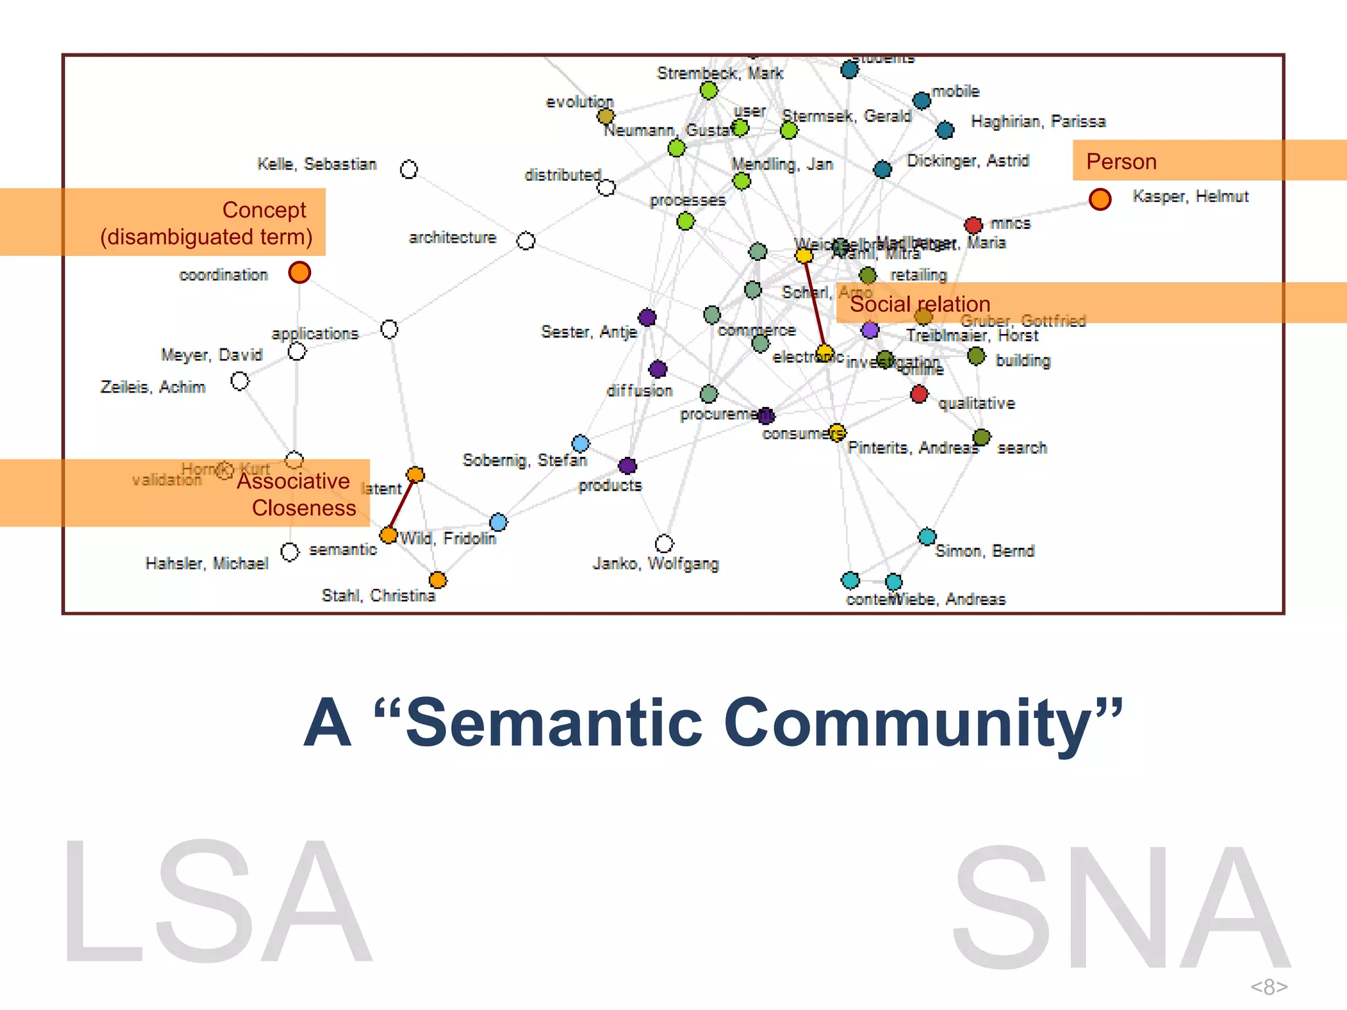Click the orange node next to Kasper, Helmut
(1100, 199)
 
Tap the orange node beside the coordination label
(299, 272)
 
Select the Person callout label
(1121, 162)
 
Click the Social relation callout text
(919, 304)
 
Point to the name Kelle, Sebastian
(316, 164)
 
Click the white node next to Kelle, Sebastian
(408, 170)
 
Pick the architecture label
(453, 237)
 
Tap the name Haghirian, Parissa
(1038, 122)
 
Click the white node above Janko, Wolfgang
(664, 544)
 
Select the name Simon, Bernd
(985, 551)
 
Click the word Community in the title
(923, 723)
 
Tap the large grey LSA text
(217, 901)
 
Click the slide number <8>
(1269, 986)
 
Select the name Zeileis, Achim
(153, 387)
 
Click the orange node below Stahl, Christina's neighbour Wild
(437, 580)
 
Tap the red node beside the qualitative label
(919, 395)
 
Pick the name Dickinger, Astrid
(967, 161)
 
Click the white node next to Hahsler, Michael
(289, 552)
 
